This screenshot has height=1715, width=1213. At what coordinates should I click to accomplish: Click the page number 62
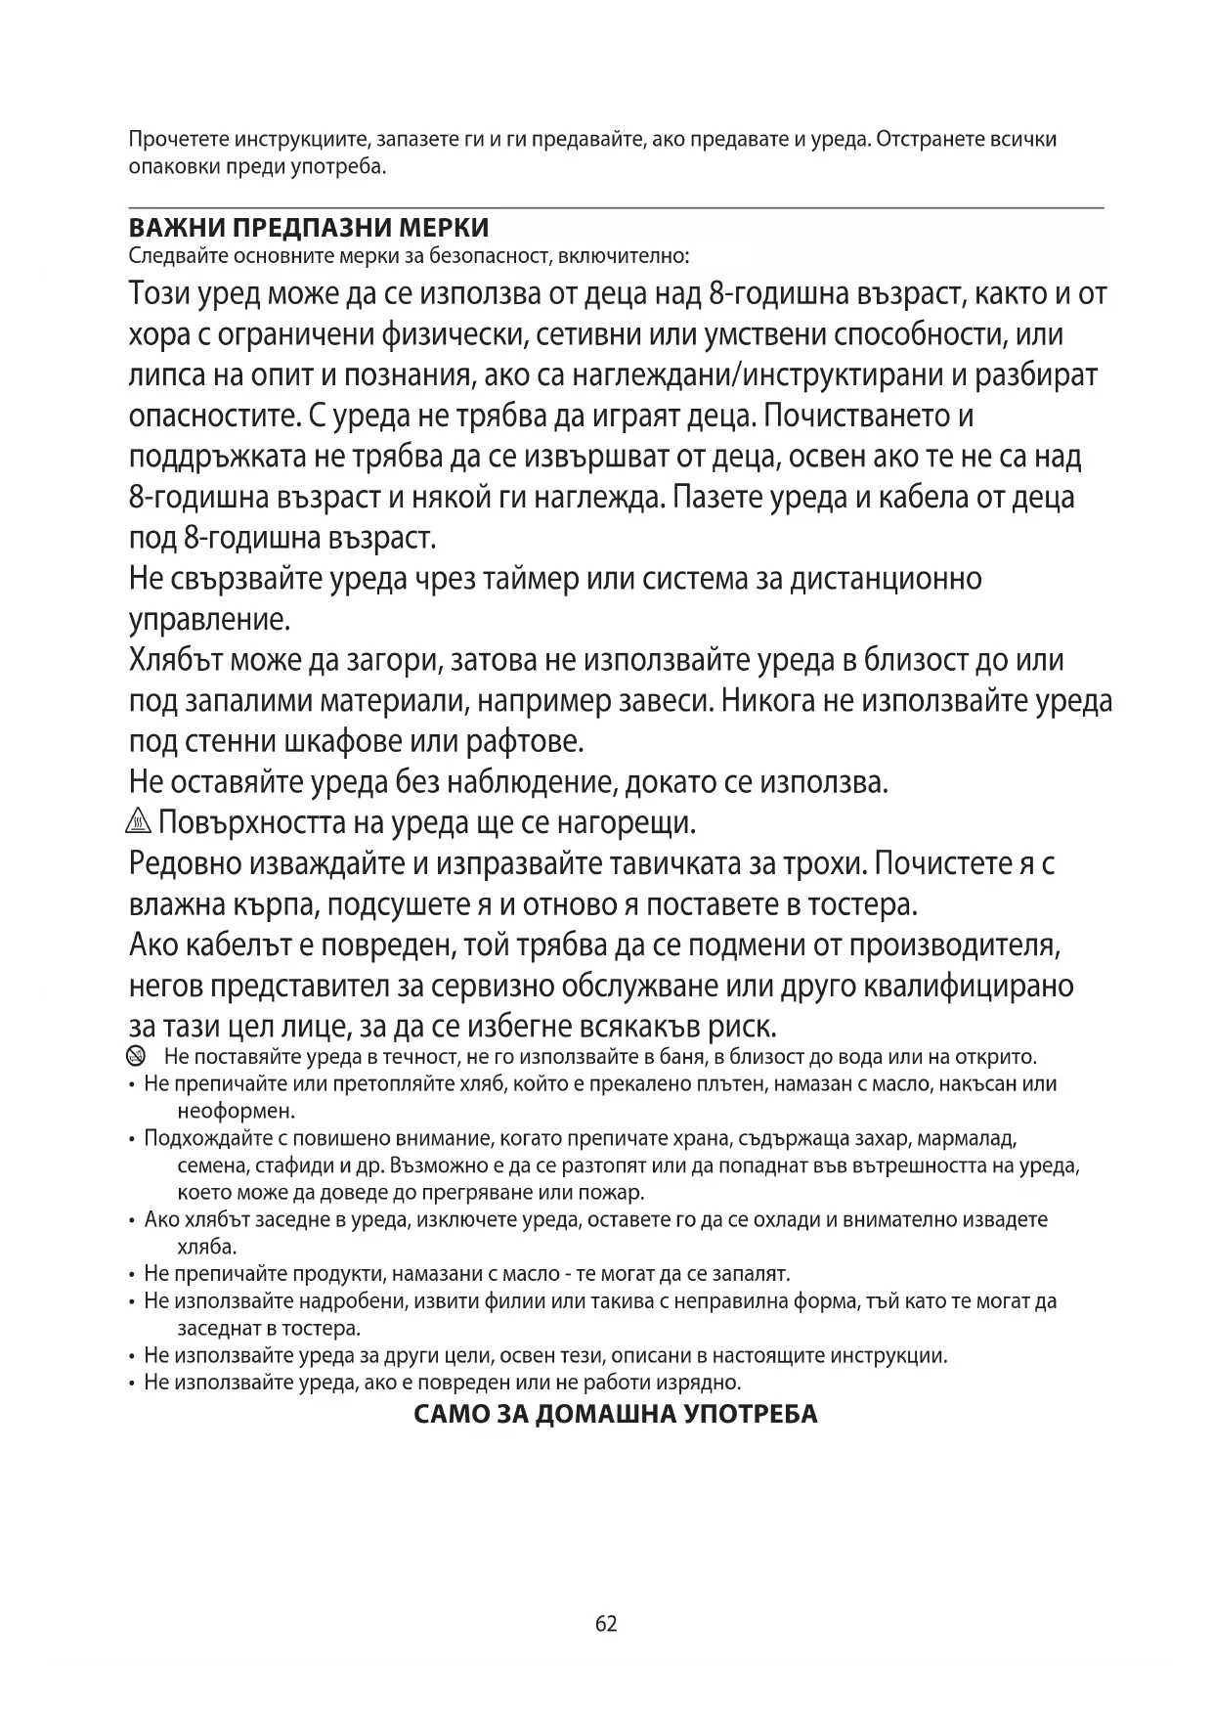(606, 1624)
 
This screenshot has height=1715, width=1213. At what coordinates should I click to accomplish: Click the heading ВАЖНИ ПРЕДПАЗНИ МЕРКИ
(309, 229)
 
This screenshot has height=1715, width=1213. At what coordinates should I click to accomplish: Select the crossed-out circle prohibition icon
(136, 1056)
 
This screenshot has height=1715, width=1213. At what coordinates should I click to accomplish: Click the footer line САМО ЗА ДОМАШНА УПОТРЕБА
(616, 1414)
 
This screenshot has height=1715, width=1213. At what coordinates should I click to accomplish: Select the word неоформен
(236, 1111)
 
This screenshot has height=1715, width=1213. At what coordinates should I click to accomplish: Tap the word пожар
(614, 1193)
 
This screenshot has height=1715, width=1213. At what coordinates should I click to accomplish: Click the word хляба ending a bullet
(206, 1247)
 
